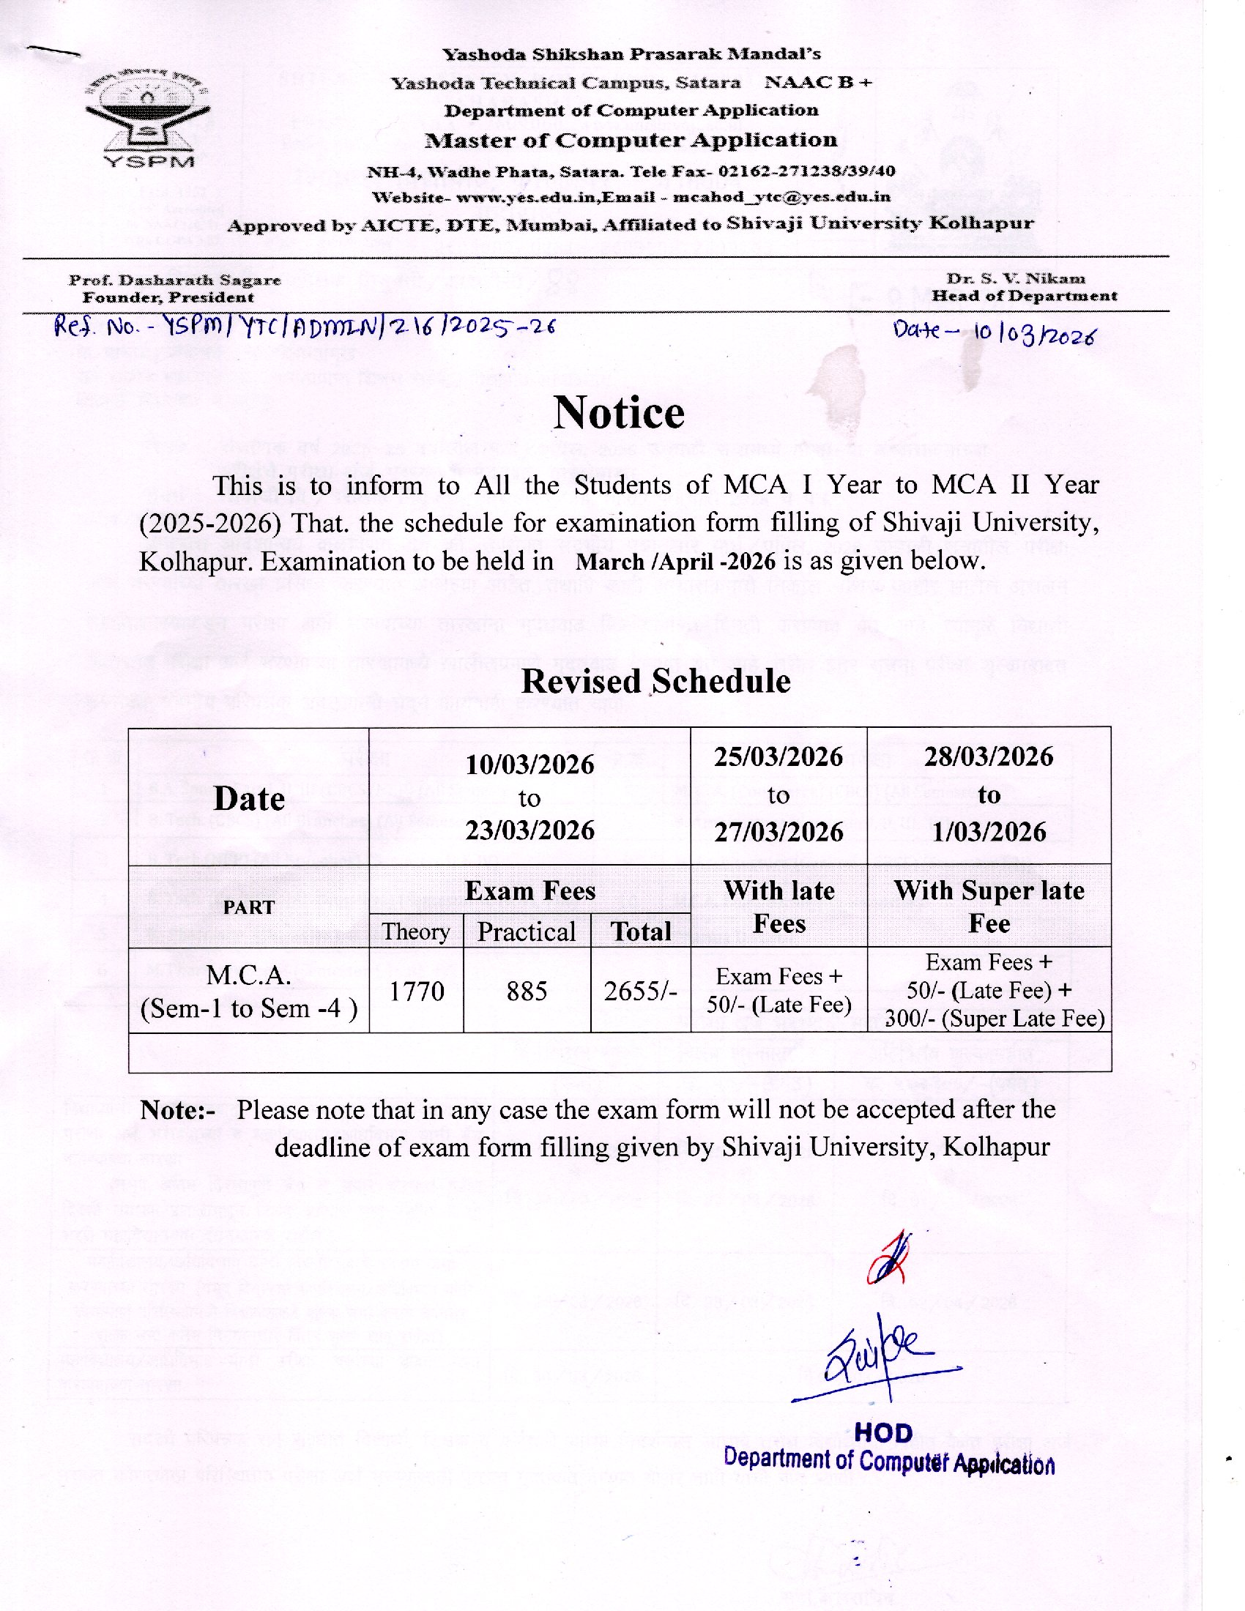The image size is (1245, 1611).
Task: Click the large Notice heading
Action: pyautogui.click(x=619, y=413)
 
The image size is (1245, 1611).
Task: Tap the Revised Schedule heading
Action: pyautogui.click(x=655, y=681)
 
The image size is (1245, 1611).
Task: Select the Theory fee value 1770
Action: pyautogui.click(x=416, y=991)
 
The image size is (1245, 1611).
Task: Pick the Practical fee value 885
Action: pyautogui.click(x=527, y=991)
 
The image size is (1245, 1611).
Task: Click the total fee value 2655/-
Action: pyautogui.click(x=640, y=991)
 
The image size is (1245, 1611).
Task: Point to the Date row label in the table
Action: pyautogui.click(x=248, y=799)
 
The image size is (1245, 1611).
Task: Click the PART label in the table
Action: pyautogui.click(x=248, y=907)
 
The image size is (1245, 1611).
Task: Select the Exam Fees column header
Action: pyautogui.click(x=529, y=891)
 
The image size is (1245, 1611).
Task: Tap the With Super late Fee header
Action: pyautogui.click(x=989, y=907)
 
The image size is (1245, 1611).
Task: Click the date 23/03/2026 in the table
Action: pyautogui.click(x=529, y=830)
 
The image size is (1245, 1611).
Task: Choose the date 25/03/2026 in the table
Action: pyautogui.click(x=778, y=758)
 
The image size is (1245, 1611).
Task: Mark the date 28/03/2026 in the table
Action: pyautogui.click(x=989, y=758)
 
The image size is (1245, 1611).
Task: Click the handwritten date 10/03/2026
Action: pyautogui.click(x=1034, y=333)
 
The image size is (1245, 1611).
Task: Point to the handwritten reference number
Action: pyautogui.click(x=304, y=327)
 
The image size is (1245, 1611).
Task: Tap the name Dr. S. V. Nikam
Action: pyautogui.click(x=1016, y=279)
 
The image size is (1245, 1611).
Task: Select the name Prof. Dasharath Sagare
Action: pyautogui.click(x=175, y=280)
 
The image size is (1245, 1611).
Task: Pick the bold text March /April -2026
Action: pyautogui.click(x=676, y=562)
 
